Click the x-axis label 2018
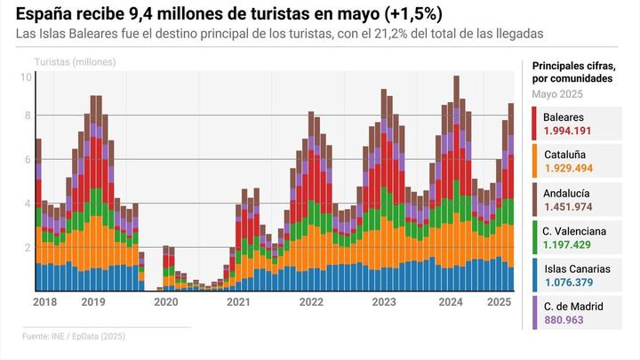[44, 303]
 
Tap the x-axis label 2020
[166, 303]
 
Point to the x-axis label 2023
[383, 303]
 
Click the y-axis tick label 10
[26, 77]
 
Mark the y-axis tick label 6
[28, 160]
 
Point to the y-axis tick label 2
[28, 248]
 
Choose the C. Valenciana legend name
[574, 230]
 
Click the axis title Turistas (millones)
[75, 62]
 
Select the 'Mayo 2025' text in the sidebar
[558, 94]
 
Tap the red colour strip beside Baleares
[533, 124]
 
